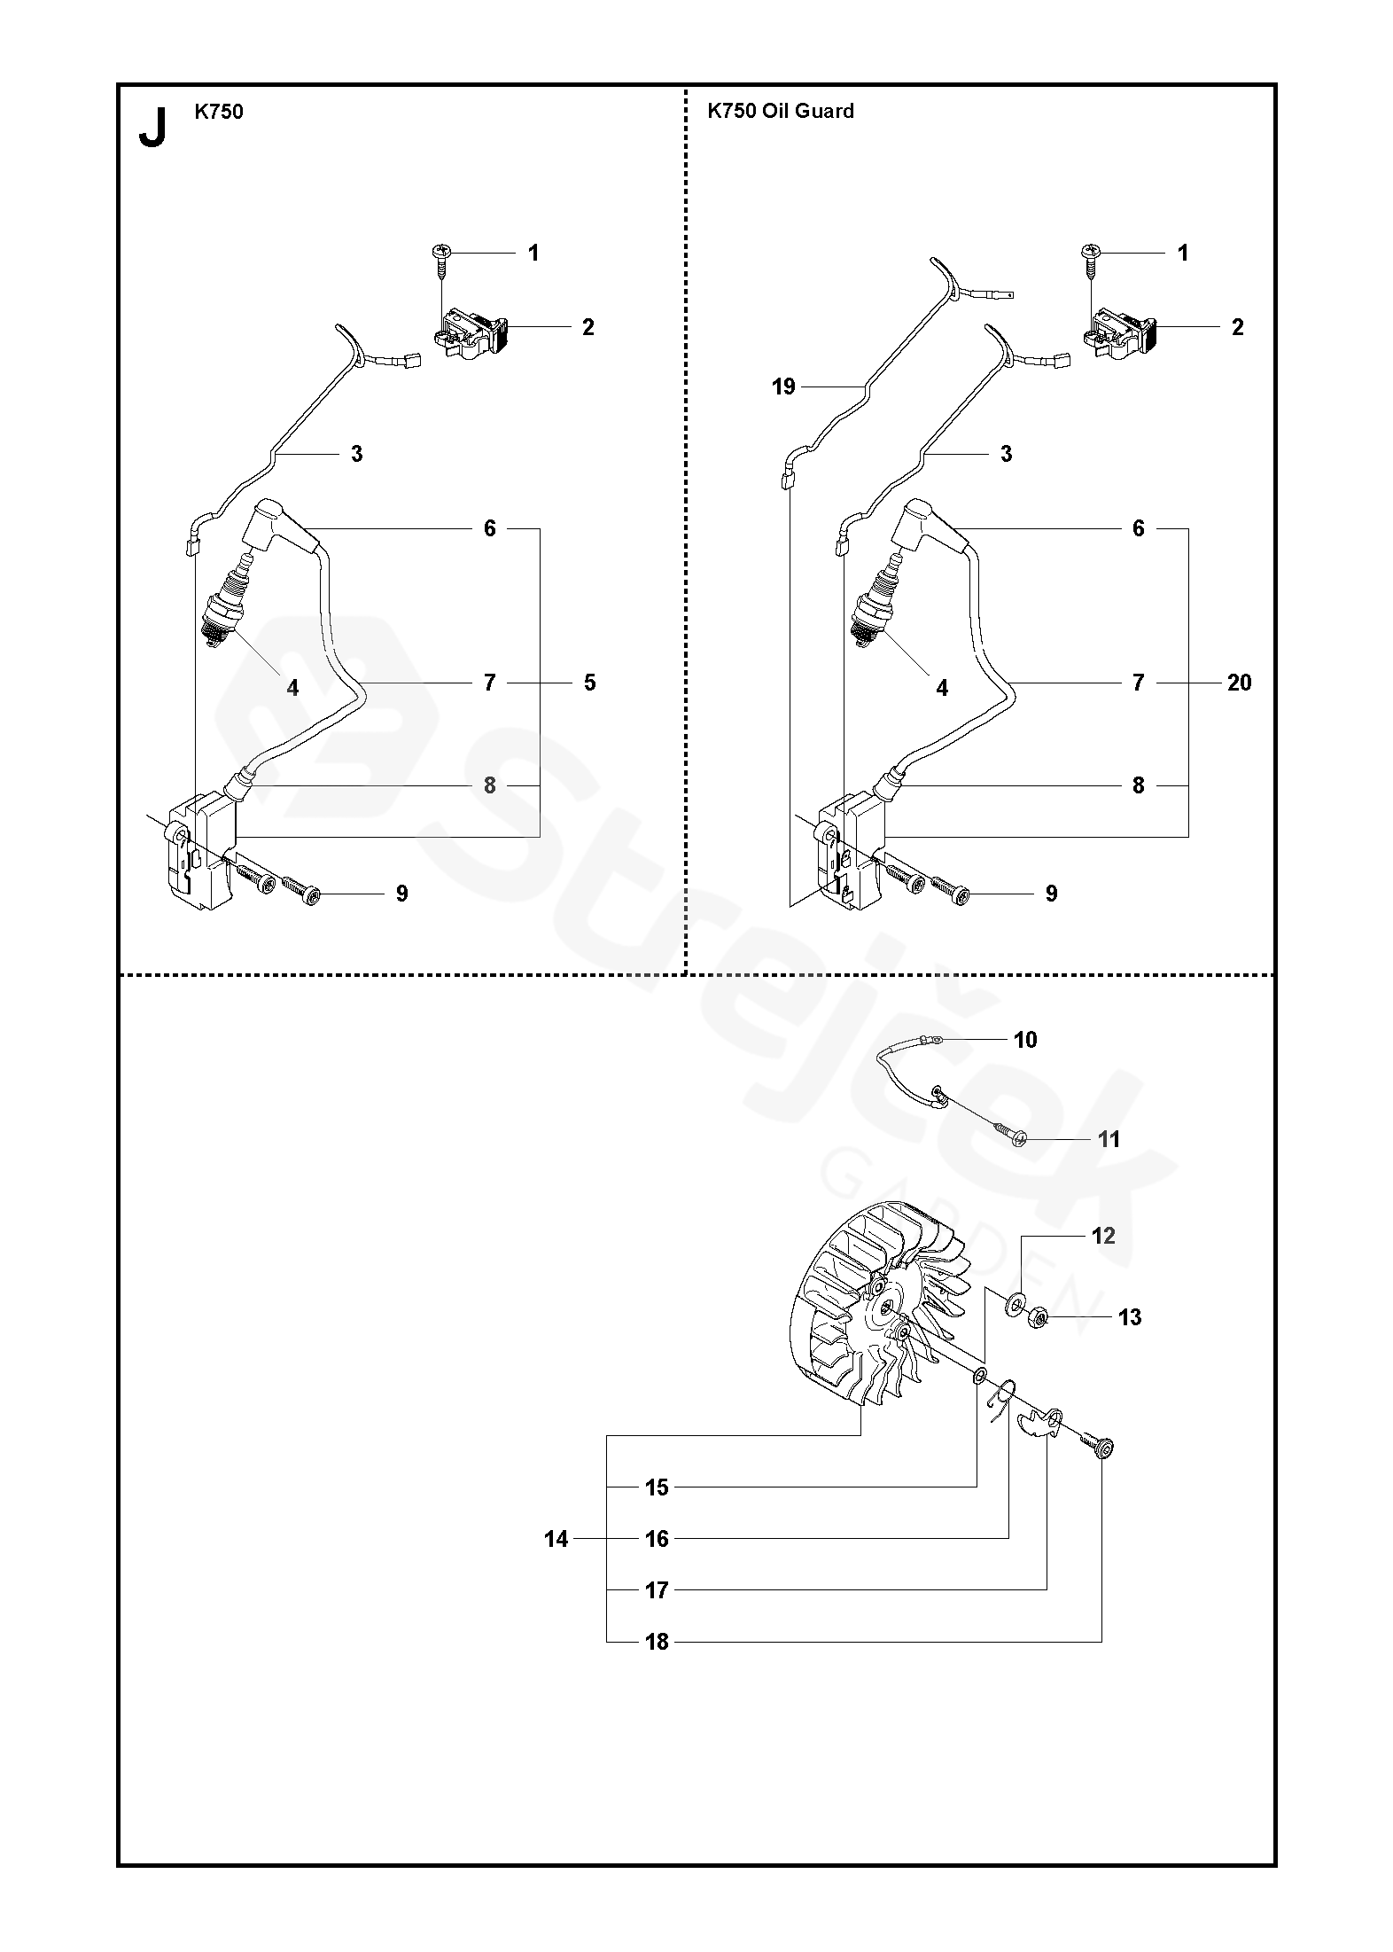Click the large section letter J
152,127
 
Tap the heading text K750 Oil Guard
780,111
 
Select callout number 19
784,386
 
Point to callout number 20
1240,683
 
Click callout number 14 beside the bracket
556,1539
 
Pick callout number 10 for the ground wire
1025,1040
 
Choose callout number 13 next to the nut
1130,1317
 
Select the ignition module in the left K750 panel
201,850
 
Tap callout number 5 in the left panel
590,683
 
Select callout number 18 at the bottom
657,1642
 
